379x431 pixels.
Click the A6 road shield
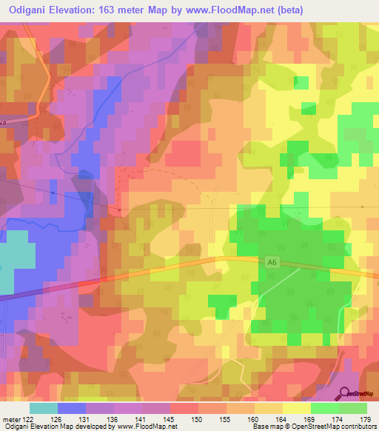click(x=272, y=261)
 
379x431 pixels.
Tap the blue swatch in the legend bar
click(x=72, y=408)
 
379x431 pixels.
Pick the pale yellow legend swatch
click(x=296, y=408)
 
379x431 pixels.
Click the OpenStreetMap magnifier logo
click(x=346, y=395)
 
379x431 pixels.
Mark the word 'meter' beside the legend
click(x=12, y=420)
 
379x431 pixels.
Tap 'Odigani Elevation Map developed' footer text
click(x=56, y=427)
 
